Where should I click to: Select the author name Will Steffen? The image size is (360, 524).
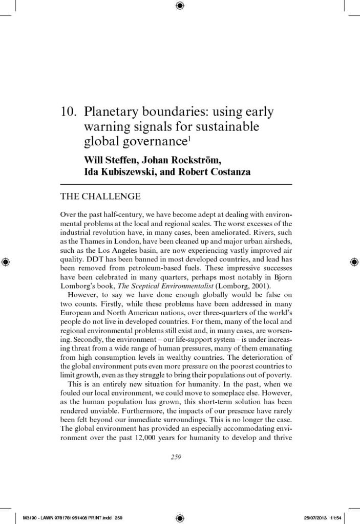point(110,159)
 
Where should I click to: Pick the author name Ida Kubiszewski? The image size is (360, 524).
point(116,171)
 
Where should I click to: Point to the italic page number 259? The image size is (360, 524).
point(176,456)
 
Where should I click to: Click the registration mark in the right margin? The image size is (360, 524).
point(354,262)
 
